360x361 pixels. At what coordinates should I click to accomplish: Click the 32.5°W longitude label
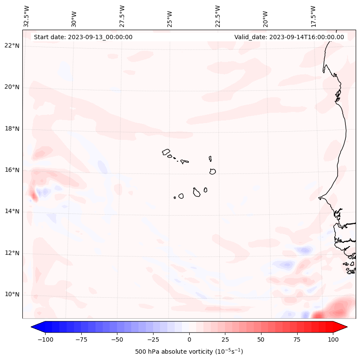pos(27,16)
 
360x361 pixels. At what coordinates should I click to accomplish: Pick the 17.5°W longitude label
pos(313,16)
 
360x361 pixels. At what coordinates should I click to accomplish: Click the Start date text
pos(83,37)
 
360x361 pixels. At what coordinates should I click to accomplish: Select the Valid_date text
pos(289,37)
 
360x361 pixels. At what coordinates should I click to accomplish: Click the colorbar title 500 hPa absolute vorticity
pos(189,352)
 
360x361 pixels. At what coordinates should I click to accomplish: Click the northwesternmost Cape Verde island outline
pos(166,151)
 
